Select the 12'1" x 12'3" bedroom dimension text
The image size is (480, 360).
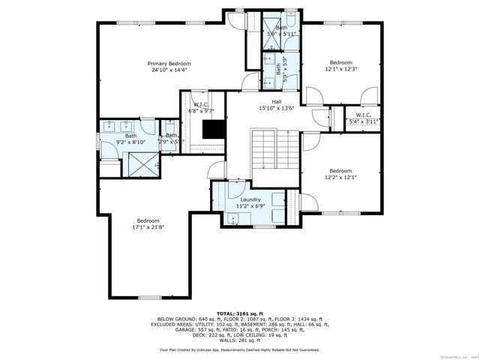340,70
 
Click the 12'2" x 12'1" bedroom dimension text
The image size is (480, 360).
340,178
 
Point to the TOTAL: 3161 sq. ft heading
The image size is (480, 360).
239,313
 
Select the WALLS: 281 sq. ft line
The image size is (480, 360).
239,340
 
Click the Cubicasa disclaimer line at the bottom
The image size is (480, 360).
239,349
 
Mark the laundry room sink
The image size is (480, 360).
232,218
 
